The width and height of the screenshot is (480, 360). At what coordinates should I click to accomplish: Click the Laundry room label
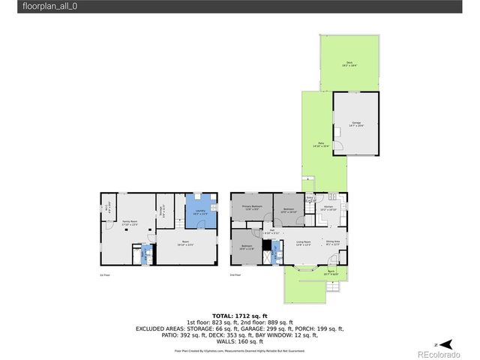(x=200, y=211)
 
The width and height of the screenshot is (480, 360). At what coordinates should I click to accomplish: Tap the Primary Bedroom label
(x=251, y=206)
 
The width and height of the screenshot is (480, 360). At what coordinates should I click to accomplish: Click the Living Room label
(x=304, y=242)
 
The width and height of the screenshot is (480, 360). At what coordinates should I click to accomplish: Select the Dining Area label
(x=333, y=242)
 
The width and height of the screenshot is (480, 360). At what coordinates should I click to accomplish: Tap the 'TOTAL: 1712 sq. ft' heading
(x=239, y=316)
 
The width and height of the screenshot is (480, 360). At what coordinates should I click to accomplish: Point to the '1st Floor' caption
(x=105, y=275)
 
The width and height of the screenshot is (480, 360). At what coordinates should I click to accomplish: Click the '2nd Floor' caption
(x=235, y=275)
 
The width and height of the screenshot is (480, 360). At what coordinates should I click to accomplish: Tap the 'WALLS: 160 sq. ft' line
(x=239, y=343)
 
